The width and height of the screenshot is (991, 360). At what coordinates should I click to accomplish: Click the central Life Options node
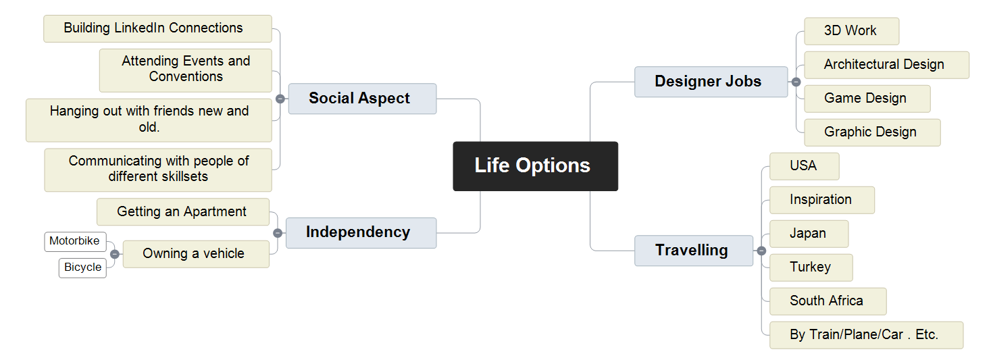[535, 166]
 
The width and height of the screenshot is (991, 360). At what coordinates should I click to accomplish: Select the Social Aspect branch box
[362, 99]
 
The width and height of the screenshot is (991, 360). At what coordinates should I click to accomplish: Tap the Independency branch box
[361, 232]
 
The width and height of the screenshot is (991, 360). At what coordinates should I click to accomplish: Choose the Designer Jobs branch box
[711, 82]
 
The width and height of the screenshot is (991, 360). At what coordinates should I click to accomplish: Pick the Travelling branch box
[694, 251]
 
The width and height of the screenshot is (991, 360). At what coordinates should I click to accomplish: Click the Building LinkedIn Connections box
[157, 29]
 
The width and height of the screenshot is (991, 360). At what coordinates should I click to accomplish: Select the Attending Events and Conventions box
[185, 70]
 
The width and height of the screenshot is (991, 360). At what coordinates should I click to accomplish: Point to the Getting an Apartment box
[182, 212]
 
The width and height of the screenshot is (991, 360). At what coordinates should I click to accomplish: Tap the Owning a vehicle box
[196, 254]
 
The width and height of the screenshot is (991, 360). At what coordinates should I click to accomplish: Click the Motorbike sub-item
[75, 242]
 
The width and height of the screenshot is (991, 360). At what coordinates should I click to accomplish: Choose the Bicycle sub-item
[82, 268]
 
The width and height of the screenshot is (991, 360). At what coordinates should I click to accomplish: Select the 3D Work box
[852, 31]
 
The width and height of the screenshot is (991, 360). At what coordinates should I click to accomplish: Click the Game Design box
[867, 99]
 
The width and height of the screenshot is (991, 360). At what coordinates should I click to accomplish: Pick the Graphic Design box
[872, 132]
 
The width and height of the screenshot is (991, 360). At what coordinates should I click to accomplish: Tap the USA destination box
[805, 166]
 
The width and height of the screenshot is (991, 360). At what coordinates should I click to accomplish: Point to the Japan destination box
[809, 234]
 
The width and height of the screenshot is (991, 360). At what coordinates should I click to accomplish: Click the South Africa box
[828, 301]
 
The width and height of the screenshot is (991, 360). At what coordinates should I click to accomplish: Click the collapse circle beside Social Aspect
[280, 99]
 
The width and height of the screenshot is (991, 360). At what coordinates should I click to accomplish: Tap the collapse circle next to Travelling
[761, 251]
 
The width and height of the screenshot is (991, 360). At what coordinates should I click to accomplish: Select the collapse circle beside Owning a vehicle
[115, 254]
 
